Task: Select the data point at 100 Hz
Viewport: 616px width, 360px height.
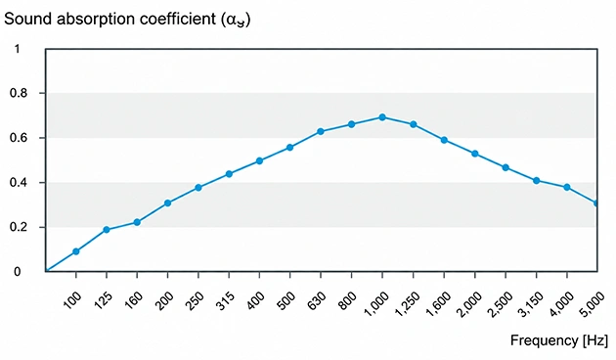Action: pyautogui.click(x=76, y=251)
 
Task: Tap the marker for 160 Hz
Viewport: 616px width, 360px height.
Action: pyautogui.click(x=137, y=222)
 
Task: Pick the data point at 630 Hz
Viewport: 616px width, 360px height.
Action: pyautogui.click(x=321, y=131)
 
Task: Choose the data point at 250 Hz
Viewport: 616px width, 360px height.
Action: pyautogui.click(x=198, y=188)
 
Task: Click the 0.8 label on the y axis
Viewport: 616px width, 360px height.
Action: pyautogui.click(x=19, y=94)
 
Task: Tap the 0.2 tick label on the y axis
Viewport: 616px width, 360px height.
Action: pyautogui.click(x=19, y=228)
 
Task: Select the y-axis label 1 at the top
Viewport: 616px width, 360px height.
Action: pyautogui.click(x=17, y=49)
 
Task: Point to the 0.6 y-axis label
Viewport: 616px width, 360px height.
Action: pyautogui.click(x=19, y=138)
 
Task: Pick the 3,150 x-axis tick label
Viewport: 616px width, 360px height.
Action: pyautogui.click(x=530, y=303)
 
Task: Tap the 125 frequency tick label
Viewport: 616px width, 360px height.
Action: pyautogui.click(x=102, y=300)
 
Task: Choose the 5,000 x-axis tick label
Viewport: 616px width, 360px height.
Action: pyautogui.click(x=592, y=303)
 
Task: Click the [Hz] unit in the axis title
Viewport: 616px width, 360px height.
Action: pyautogui.click(x=594, y=340)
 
